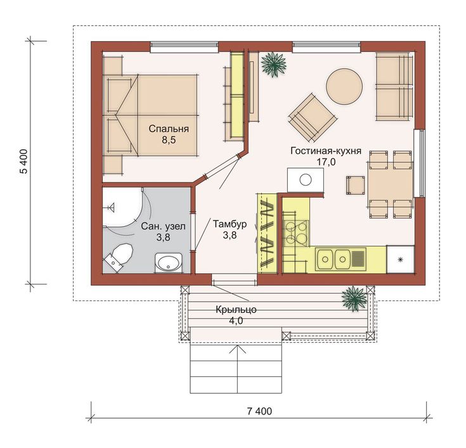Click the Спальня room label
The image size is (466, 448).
point(169,129)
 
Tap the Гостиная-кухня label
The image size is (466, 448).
point(326,151)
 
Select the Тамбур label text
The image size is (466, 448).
point(230,224)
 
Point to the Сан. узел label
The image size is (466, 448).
point(163,227)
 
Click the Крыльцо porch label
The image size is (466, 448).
point(236,310)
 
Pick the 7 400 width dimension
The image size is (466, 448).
point(259,411)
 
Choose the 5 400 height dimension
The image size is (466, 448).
point(24,162)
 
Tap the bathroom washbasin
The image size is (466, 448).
point(169,263)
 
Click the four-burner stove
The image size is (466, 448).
point(296,233)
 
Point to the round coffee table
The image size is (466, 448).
point(344,86)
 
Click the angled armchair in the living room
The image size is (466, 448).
point(313,117)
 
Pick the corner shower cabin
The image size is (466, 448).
point(122,207)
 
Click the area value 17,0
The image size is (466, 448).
point(326,162)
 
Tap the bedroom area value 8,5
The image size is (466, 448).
point(169,140)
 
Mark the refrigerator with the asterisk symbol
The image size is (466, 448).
point(400,259)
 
